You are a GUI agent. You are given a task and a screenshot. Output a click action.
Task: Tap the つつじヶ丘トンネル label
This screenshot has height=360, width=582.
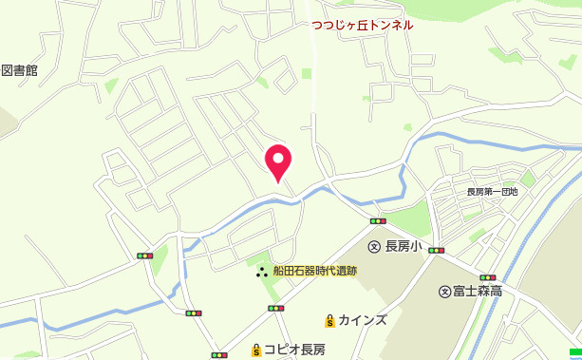point(363,25)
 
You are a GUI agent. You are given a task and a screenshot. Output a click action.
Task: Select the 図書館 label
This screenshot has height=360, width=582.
point(19,70)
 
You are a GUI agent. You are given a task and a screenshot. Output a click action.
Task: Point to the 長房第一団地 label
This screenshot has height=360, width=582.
point(492,191)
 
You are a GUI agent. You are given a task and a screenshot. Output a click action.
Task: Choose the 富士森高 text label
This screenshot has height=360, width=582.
point(478,291)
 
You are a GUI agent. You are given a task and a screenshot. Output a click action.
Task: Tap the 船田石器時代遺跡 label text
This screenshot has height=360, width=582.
point(314,271)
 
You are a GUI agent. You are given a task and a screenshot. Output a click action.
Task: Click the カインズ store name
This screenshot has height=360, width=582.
point(362,320)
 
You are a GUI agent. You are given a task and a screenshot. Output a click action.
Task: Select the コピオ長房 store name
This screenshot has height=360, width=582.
point(294,350)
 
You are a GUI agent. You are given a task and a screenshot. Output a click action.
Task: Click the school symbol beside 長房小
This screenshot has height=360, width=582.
point(374,246)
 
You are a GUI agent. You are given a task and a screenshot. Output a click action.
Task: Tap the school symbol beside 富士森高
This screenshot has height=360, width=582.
point(443,291)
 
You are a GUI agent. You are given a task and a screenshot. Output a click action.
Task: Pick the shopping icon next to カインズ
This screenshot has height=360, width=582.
point(329,320)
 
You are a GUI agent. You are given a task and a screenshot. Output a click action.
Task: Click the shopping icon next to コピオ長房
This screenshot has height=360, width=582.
point(255,350)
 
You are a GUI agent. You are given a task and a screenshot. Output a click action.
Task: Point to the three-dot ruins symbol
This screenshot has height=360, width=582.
point(260,272)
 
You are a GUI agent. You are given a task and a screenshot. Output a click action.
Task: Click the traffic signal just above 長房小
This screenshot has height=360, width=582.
point(378,221)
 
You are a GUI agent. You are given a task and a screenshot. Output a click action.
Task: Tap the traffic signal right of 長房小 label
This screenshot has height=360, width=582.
point(436,250)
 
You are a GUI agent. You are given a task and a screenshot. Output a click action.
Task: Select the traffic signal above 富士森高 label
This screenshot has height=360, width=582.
point(488,277)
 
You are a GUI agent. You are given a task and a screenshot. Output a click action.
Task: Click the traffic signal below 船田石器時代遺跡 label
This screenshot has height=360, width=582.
point(275,308)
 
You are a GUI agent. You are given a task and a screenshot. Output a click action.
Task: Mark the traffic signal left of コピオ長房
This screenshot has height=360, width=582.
point(220,355)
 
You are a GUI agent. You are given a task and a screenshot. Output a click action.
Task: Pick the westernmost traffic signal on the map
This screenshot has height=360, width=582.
point(145,256)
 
